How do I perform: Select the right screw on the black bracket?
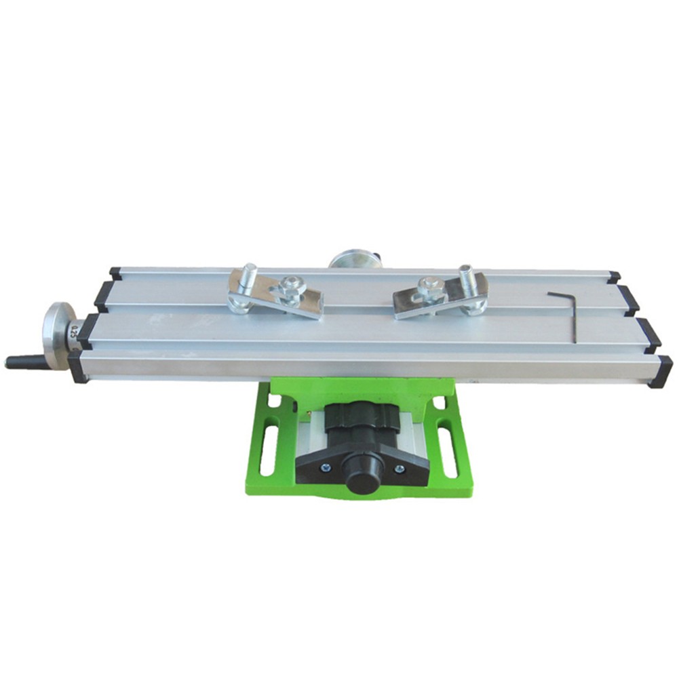(399, 467)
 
